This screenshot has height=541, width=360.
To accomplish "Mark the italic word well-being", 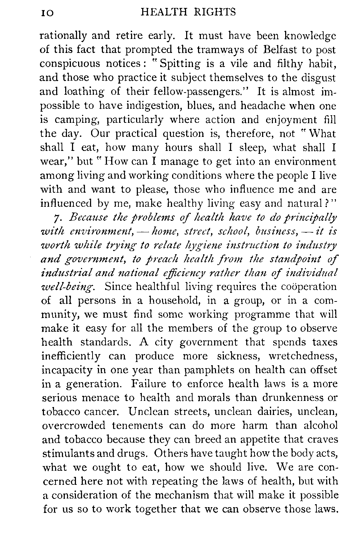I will click(70, 287).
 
